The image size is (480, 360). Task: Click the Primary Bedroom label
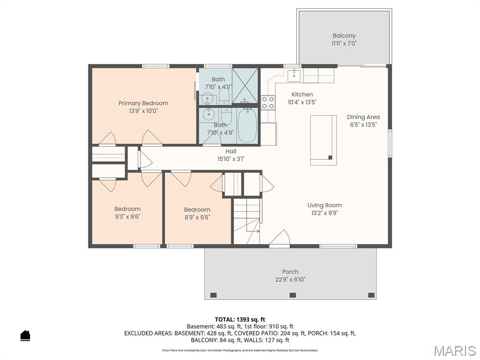(x=143, y=103)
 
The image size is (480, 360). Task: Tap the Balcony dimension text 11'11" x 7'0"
(x=344, y=43)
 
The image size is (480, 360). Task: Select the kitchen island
(x=323, y=140)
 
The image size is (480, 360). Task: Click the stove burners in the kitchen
(x=268, y=103)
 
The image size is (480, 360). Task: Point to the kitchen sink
(x=294, y=75)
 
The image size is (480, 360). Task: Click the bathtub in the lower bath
(x=247, y=125)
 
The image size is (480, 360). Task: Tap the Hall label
(x=231, y=151)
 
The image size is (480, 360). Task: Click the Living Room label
(x=324, y=205)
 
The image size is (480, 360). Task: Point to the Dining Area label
(x=363, y=117)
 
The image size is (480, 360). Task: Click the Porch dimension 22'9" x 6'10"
(x=290, y=279)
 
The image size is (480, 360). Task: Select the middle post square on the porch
(x=292, y=295)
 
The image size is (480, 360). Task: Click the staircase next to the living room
(x=247, y=220)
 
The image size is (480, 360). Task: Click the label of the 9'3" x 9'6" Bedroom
(x=127, y=209)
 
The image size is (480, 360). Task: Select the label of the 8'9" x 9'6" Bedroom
(x=197, y=210)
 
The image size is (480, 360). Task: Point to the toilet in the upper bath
(x=224, y=97)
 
